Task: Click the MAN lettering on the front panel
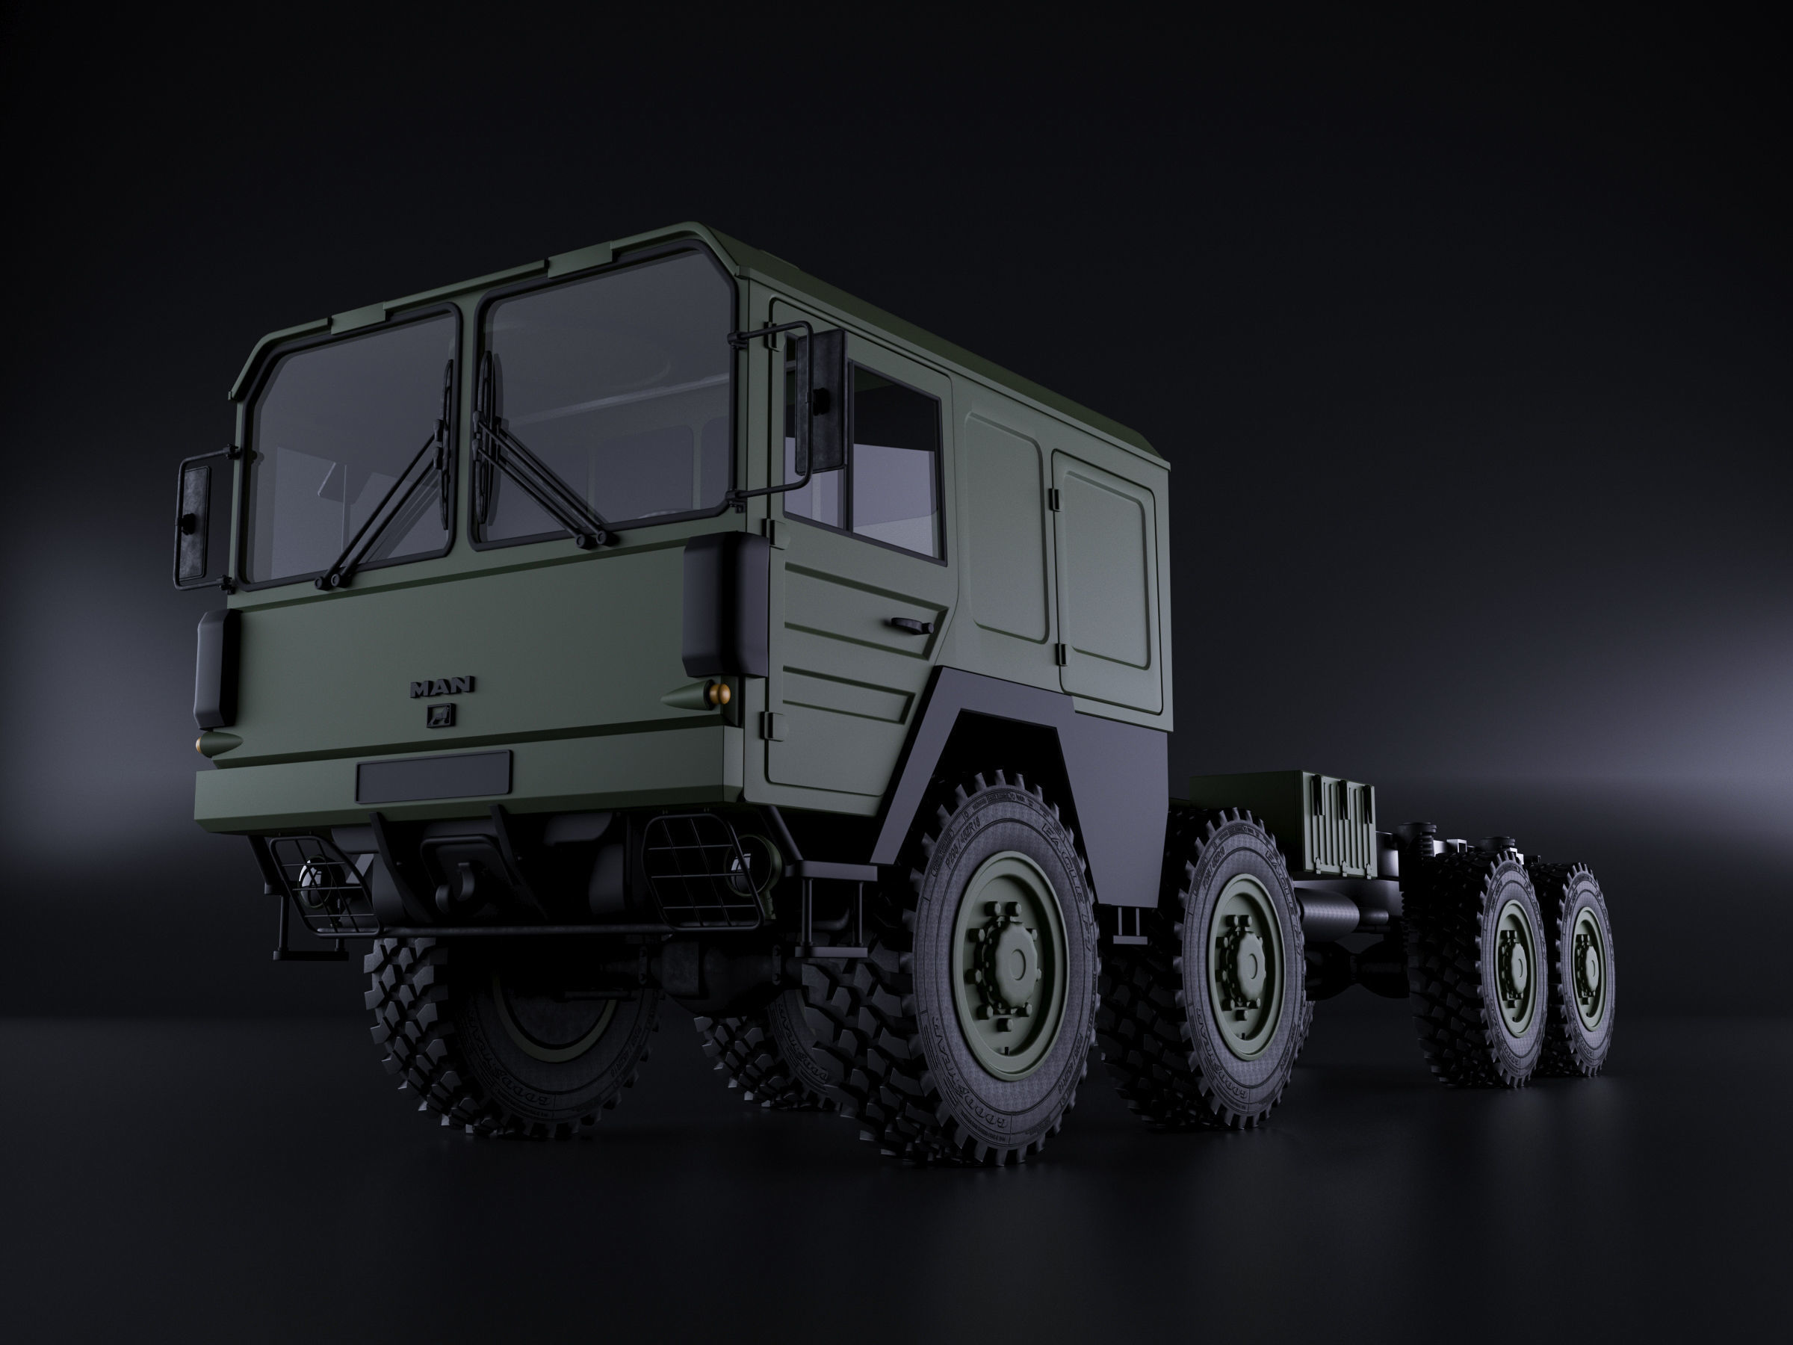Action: pyautogui.click(x=442, y=687)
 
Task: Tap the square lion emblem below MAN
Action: pyautogui.click(x=442, y=714)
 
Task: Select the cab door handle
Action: pyautogui.click(x=909, y=624)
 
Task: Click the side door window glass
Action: pyautogui.click(x=896, y=458)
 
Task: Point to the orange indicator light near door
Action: pyautogui.click(x=717, y=690)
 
